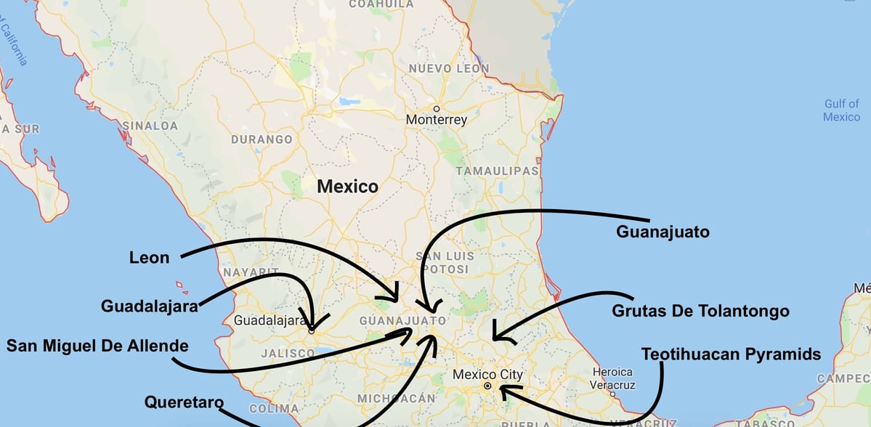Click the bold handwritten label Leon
coord(149,257)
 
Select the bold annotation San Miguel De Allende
coord(97,345)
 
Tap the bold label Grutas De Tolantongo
coord(700,311)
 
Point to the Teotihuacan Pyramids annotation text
coord(731,354)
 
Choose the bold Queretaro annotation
coord(183,402)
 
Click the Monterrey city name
coord(436,120)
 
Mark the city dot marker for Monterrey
coord(437,108)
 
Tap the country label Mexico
coord(347,187)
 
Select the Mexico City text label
coord(487,375)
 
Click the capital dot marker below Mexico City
coord(487,386)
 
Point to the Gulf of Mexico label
coord(841,110)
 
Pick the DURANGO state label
coord(262,139)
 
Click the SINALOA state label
coord(150,126)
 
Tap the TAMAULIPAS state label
coord(497,171)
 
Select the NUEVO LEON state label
coord(449,68)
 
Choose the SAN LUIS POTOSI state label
coord(445,262)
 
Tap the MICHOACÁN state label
coord(397,398)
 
